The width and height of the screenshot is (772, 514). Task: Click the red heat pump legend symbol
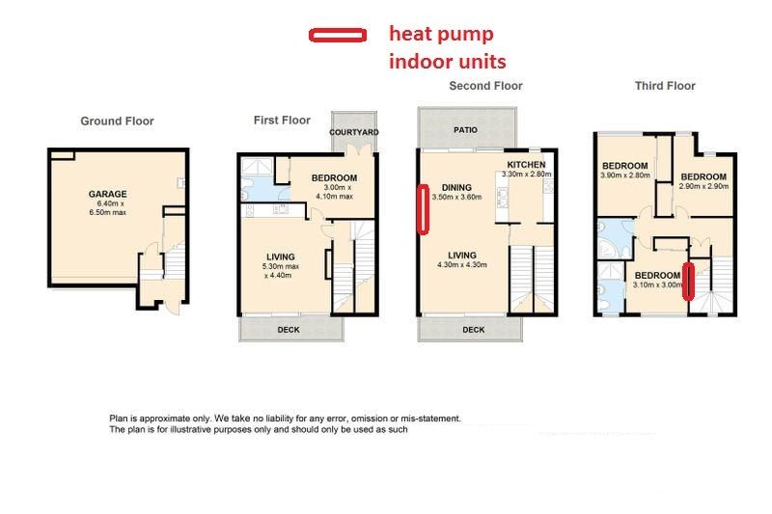click(x=338, y=35)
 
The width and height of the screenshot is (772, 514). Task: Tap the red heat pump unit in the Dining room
click(x=423, y=209)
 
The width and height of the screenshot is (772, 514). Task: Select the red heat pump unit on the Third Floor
click(x=688, y=281)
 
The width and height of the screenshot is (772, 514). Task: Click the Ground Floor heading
click(x=117, y=121)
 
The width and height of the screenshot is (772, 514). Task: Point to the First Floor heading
click(x=282, y=120)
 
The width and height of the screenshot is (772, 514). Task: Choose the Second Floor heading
click(x=485, y=86)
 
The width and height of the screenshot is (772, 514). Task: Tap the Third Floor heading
click(x=665, y=86)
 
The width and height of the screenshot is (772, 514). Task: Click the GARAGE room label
click(x=108, y=194)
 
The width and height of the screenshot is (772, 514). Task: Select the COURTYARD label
click(x=354, y=132)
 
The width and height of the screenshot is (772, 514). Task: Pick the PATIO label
click(x=466, y=130)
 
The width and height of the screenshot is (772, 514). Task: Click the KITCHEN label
click(x=526, y=165)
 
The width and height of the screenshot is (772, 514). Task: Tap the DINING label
click(x=456, y=187)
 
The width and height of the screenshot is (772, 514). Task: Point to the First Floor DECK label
click(x=289, y=330)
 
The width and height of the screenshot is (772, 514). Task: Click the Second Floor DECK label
click(x=474, y=330)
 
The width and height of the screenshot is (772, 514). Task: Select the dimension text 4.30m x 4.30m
click(x=462, y=264)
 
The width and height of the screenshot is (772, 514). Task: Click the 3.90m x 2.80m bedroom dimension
click(x=625, y=176)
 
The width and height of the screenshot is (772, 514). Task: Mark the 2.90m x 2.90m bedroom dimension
click(x=704, y=186)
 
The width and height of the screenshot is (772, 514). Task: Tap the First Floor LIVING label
click(x=281, y=257)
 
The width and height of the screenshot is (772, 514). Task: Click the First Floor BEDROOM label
click(x=334, y=178)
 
